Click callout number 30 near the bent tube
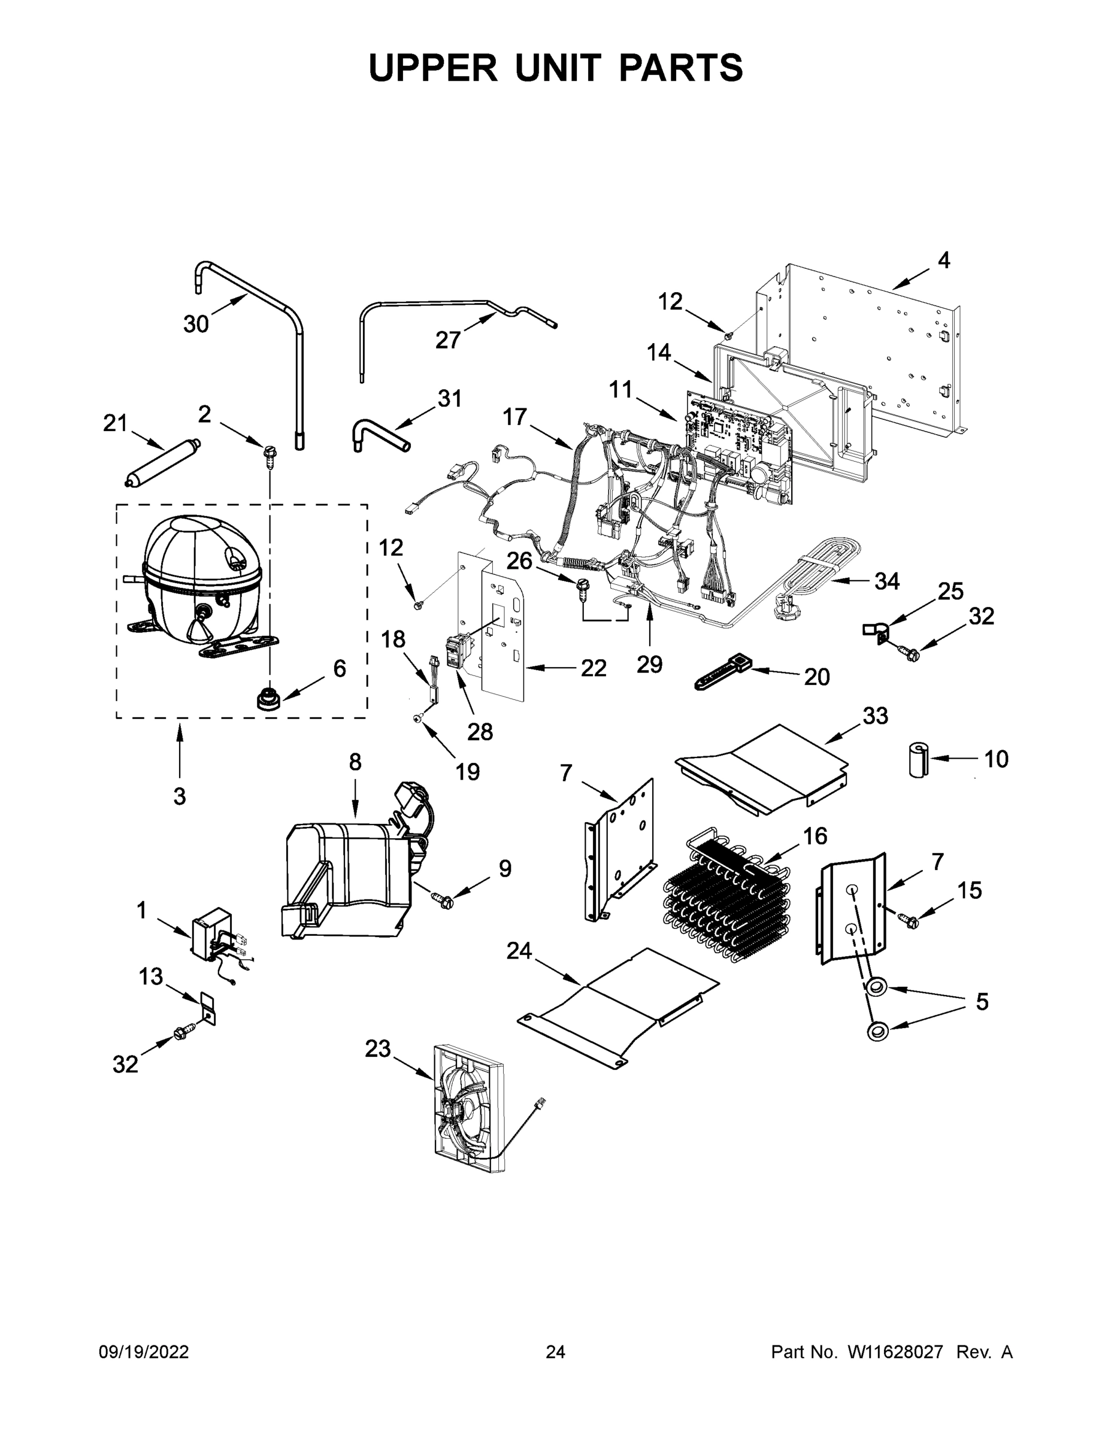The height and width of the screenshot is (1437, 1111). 195,324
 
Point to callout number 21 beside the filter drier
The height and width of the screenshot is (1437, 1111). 115,423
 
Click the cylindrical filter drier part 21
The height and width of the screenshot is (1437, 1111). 162,464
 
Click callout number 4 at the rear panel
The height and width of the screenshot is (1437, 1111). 943,260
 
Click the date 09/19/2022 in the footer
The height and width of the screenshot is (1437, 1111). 144,1351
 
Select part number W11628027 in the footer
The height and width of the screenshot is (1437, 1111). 895,1351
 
